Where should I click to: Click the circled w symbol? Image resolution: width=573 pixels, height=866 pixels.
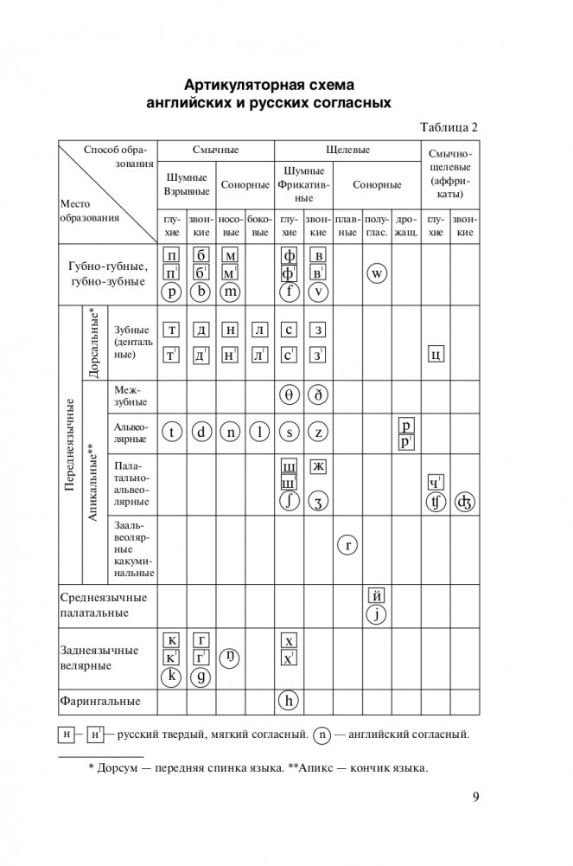376,274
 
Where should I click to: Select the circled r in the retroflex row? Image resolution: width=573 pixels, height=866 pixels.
347,545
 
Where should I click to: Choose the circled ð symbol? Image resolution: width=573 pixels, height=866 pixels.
318,397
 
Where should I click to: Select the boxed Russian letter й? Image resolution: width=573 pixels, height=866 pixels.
376,594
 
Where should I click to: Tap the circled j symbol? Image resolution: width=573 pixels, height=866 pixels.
376,615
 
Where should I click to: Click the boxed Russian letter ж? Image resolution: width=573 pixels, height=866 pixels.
318,467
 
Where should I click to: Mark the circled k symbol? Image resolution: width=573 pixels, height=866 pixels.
172,677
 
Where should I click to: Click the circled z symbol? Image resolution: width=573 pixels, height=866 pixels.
318,433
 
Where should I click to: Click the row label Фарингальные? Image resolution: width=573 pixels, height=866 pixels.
99,701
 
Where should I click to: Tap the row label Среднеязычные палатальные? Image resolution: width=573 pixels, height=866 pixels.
104,605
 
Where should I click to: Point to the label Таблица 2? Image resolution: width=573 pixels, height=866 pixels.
449,127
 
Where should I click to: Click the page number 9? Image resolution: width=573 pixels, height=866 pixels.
475,798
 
